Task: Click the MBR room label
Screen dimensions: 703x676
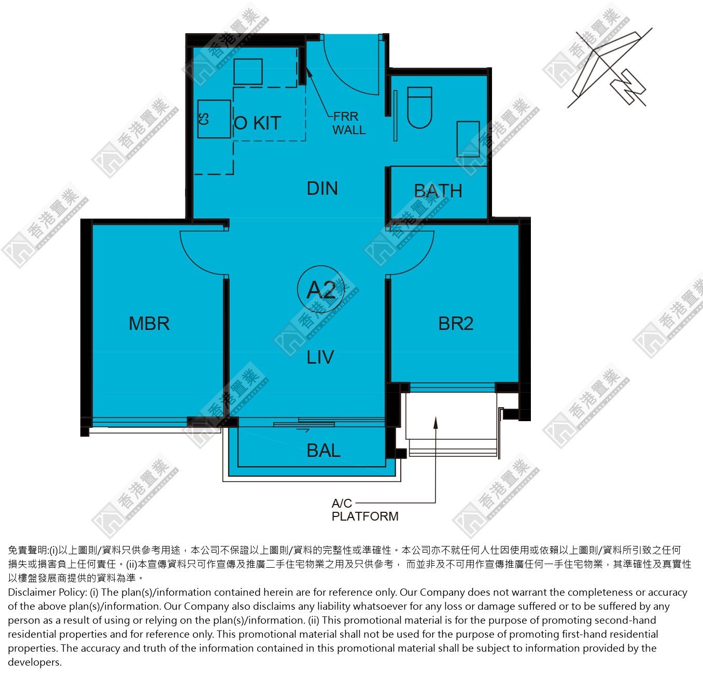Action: coord(149,323)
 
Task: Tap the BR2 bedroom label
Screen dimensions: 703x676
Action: coord(456,323)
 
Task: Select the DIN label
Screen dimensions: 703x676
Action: coord(322,189)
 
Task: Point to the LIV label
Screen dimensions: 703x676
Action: coord(320,357)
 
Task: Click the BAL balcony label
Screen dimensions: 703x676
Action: coord(324,451)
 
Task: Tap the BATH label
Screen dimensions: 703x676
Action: coord(438,191)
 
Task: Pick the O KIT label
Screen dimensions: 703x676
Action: coord(257,123)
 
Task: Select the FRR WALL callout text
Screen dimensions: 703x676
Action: coord(349,123)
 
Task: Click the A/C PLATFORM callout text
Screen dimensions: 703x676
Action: coord(365,510)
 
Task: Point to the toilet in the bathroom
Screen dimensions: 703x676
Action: coord(419,107)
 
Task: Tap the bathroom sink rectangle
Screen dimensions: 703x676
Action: coord(468,139)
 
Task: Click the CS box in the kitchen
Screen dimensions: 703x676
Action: coord(214,119)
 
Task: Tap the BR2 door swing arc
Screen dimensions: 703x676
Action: coord(421,261)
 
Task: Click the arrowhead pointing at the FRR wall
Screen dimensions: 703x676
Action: coord(309,71)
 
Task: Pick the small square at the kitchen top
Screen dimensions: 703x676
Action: coord(248,71)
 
